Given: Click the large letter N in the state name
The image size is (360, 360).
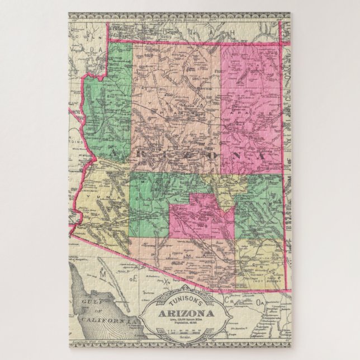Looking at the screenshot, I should [x=229, y=153].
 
